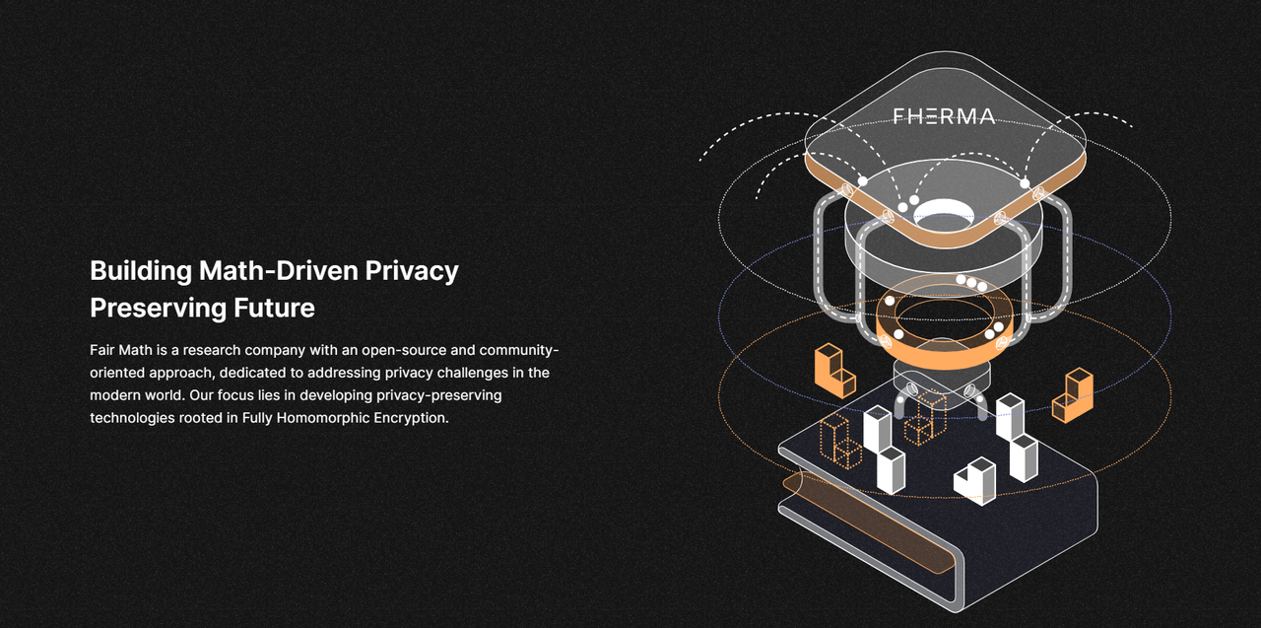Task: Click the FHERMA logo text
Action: [944, 116]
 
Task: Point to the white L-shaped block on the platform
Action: [975, 481]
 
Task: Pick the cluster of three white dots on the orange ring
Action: [971, 283]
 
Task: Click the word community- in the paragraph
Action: [519, 350]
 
